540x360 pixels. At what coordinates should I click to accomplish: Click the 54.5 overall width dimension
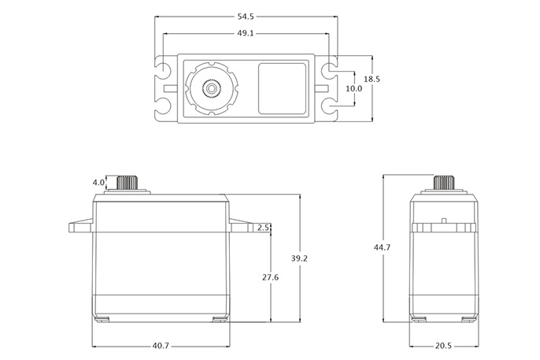[247, 16]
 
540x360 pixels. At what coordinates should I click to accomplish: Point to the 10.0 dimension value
[354, 89]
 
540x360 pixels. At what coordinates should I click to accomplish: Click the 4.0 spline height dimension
[99, 183]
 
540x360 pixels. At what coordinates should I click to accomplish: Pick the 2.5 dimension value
[263, 228]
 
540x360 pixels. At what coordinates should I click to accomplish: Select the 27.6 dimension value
[271, 277]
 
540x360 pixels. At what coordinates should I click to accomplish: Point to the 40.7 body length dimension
[161, 345]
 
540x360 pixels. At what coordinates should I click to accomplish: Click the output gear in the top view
[211, 89]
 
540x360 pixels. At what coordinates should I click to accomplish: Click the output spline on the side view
[445, 182]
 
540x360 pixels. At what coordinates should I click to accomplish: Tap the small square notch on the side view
[445, 220]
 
